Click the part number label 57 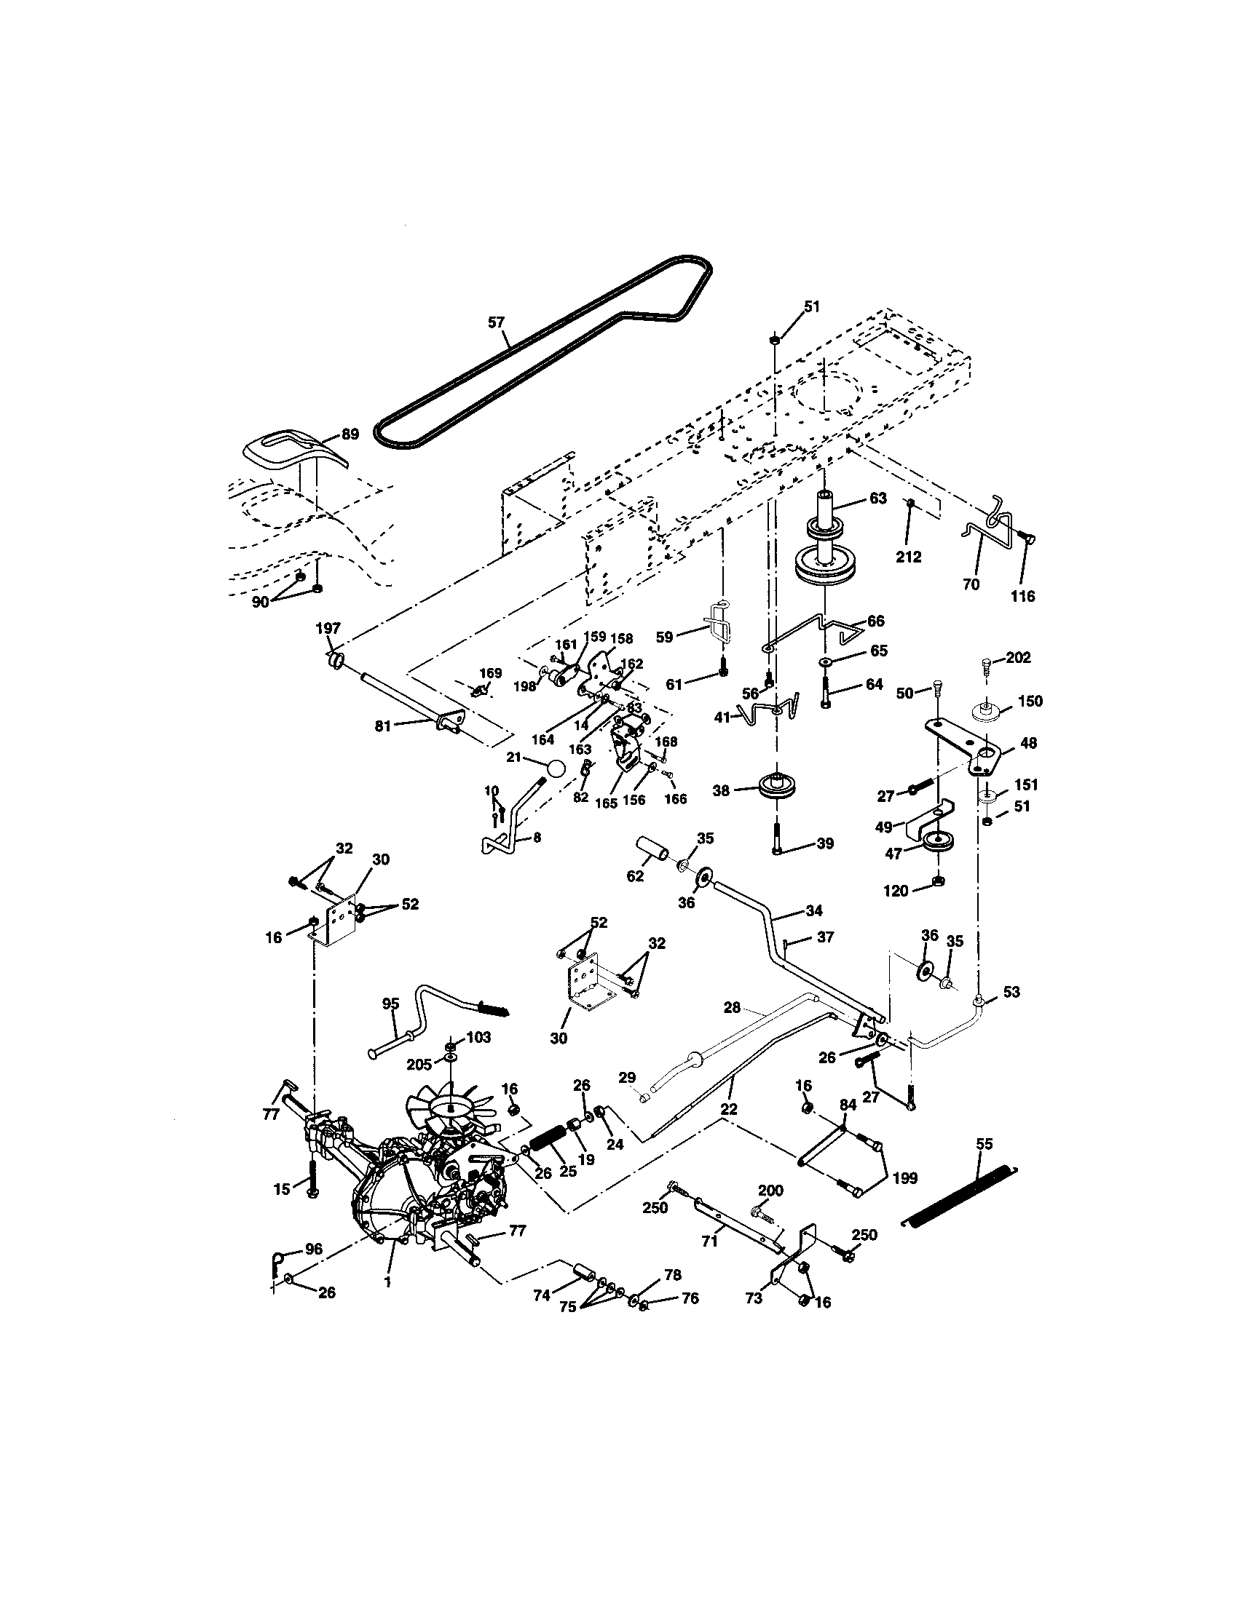coord(497,322)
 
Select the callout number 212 coord(908,557)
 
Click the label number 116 coord(1022,596)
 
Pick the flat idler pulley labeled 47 coord(936,841)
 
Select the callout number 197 coord(328,628)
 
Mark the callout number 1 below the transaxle coord(387,1282)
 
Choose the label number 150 coord(1030,701)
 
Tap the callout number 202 coord(1018,658)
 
